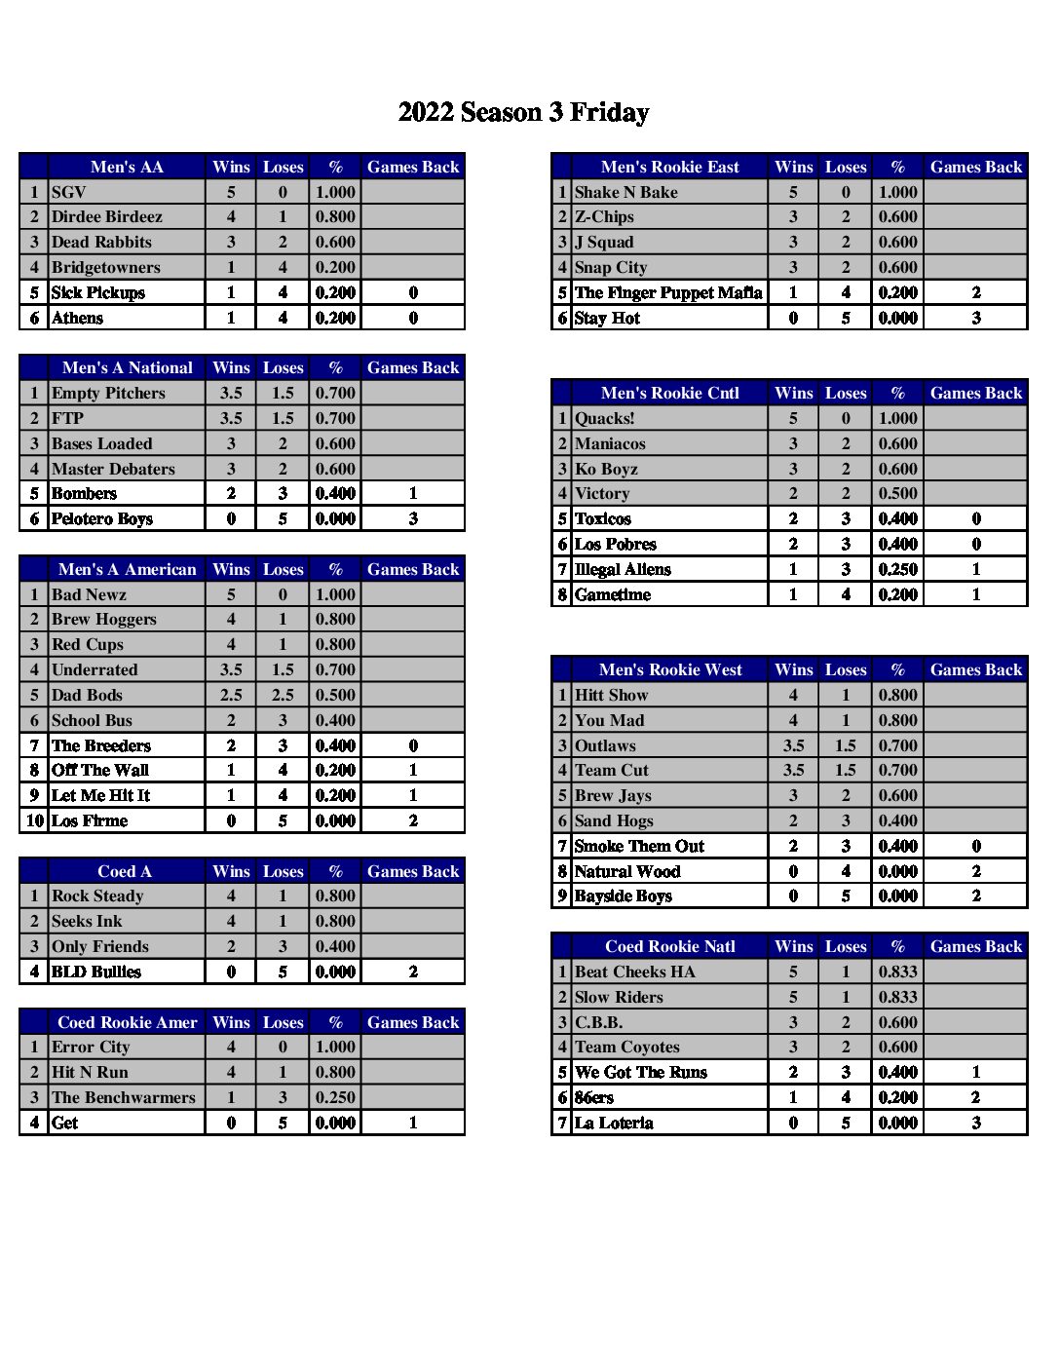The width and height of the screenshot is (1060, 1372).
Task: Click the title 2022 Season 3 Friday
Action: (523, 112)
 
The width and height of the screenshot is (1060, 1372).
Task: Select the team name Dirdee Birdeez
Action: (107, 217)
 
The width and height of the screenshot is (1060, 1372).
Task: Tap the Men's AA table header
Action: (127, 167)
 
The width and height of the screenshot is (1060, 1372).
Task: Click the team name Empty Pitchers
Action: (108, 394)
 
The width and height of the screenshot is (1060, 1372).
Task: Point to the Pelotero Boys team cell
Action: (102, 519)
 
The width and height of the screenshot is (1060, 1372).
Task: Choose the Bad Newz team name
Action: (89, 594)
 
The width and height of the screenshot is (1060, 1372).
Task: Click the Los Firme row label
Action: (90, 821)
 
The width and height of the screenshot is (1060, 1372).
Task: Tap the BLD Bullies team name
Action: (96, 972)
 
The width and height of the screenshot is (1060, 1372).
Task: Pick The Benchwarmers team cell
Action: (124, 1098)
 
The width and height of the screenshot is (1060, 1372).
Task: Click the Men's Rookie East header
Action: (670, 167)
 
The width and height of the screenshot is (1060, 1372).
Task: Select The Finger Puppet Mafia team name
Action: (668, 292)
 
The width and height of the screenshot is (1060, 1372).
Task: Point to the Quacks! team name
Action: (605, 419)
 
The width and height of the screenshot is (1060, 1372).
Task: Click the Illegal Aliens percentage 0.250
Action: (897, 570)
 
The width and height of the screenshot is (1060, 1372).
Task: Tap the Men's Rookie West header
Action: (670, 669)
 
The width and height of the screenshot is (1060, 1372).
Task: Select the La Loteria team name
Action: (614, 1124)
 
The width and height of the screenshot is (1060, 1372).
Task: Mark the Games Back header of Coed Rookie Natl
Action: (976, 946)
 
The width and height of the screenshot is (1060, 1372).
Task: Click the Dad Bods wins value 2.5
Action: (231, 696)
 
